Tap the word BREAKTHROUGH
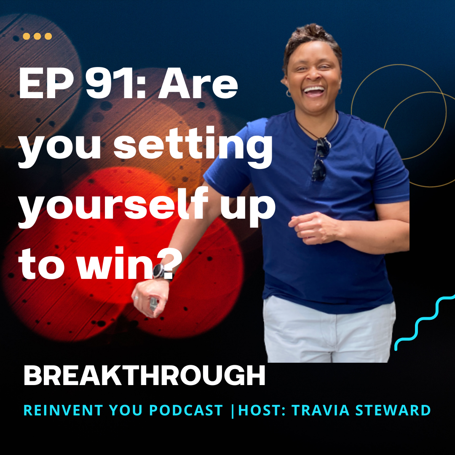[145, 375]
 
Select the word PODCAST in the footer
[186, 410]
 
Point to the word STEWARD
[393, 410]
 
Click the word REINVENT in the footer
[63, 410]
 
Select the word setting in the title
[193, 147]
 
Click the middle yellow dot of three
[37, 36]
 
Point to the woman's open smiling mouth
[314, 91]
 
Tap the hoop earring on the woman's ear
[289, 93]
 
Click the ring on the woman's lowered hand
[136, 297]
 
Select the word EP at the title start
[46, 85]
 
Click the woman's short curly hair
[312, 40]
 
